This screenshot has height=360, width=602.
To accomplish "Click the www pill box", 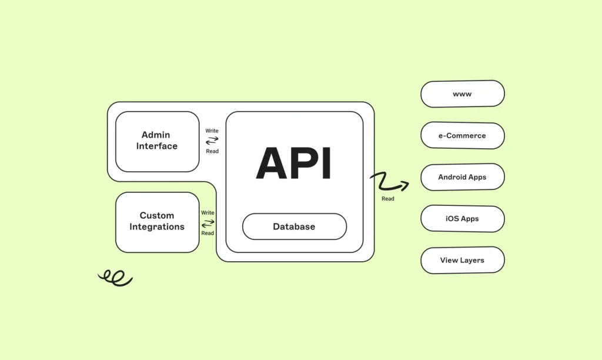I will point(463,94).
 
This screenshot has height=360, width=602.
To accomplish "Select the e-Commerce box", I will point(463,135).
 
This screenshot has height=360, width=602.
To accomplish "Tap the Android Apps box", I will point(463,177).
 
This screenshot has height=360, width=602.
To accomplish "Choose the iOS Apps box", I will point(463,219).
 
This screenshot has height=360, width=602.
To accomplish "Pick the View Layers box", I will point(463,260).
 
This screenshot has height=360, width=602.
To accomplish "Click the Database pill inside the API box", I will point(294,226).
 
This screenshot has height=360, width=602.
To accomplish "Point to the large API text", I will point(294,164).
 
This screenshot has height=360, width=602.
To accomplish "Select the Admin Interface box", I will point(157,141).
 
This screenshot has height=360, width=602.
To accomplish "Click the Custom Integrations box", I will point(157,221).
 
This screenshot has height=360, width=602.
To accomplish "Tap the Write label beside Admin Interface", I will point(212,131).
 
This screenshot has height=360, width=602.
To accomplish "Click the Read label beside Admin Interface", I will point(212,151).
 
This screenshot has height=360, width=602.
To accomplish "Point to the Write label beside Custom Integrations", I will point(208,212).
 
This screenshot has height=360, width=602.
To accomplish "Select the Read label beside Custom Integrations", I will point(208,233).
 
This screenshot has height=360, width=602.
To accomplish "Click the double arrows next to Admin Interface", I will point(212,141).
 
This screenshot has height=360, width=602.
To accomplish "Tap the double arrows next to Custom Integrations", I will point(208,223).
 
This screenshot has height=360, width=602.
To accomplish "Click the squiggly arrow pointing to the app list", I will point(389,182).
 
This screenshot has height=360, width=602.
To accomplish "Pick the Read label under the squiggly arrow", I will point(388,199).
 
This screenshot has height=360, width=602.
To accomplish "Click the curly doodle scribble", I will point(115,278).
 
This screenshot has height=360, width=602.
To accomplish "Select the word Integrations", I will point(157,227).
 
